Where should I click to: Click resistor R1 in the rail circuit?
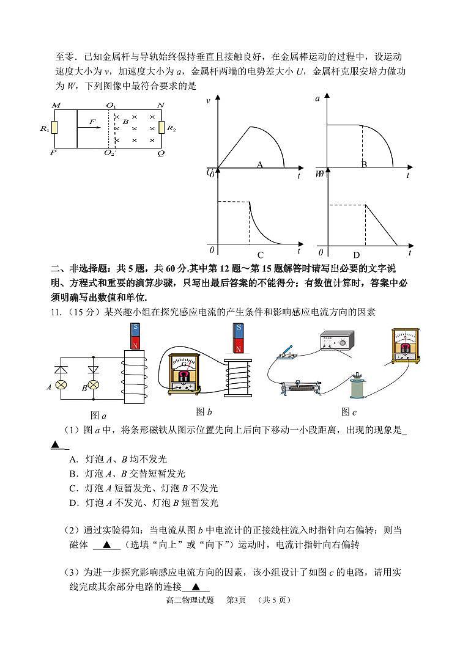[x=54, y=128]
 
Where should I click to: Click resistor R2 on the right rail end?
[x=162, y=128]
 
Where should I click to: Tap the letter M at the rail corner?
[x=56, y=105]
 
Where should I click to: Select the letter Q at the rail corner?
[x=161, y=153]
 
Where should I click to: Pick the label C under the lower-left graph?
[x=260, y=255]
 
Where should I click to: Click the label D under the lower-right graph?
[x=357, y=255]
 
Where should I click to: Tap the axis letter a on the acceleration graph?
[x=317, y=98]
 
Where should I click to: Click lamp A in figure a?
[x=61, y=386]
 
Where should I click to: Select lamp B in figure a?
[x=94, y=386]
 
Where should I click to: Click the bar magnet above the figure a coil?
[x=135, y=336]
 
